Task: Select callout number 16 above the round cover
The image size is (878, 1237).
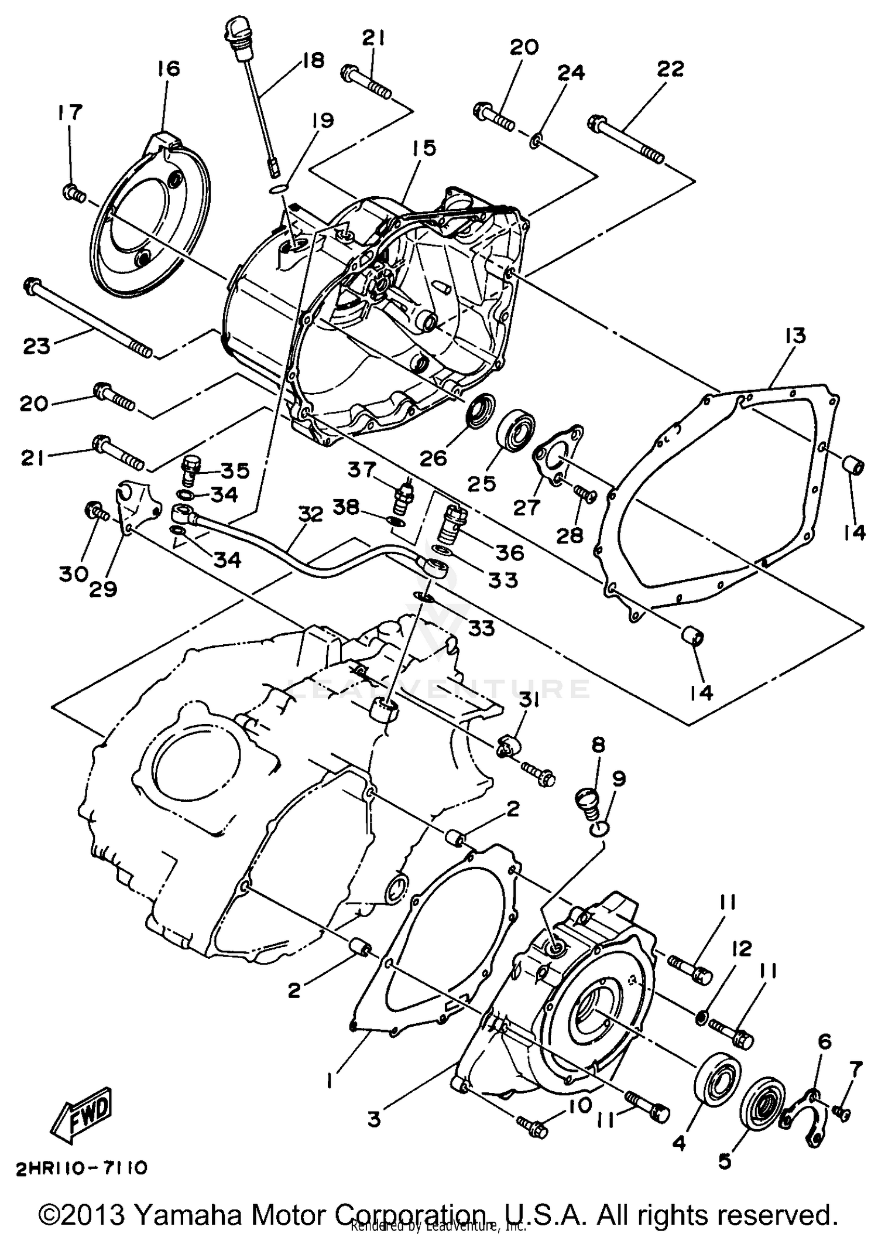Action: pyautogui.click(x=168, y=69)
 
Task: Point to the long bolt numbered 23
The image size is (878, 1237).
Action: pyautogui.click(x=88, y=318)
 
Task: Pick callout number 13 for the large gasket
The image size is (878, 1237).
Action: pyautogui.click(x=795, y=336)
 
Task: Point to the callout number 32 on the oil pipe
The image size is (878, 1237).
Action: pyautogui.click(x=311, y=515)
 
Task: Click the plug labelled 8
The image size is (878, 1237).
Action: pyautogui.click(x=587, y=804)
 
